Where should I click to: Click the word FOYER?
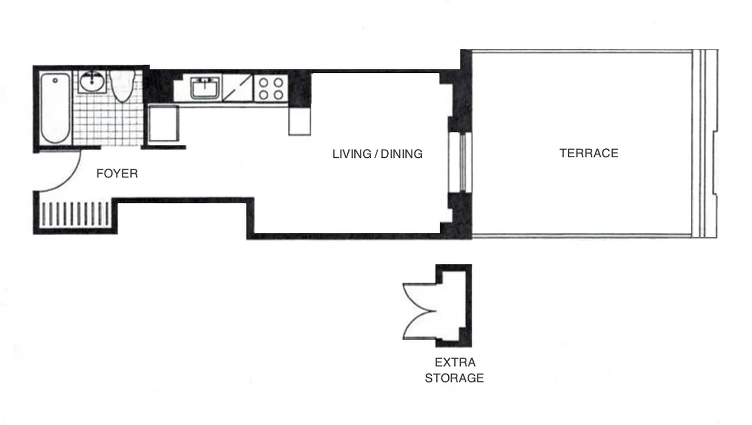tap(117, 174)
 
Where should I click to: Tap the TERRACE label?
tap(588, 154)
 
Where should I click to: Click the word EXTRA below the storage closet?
tap(455, 363)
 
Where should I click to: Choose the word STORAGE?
tap(454, 378)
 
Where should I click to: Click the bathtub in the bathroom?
tap(55, 108)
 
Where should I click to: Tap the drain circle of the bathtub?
tap(55, 81)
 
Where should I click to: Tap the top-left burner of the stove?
tap(263, 82)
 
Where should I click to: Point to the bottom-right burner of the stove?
tap(278, 95)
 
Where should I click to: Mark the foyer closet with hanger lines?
tap(75, 214)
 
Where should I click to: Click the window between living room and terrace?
tap(460, 162)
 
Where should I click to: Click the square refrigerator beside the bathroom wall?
tap(163, 124)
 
